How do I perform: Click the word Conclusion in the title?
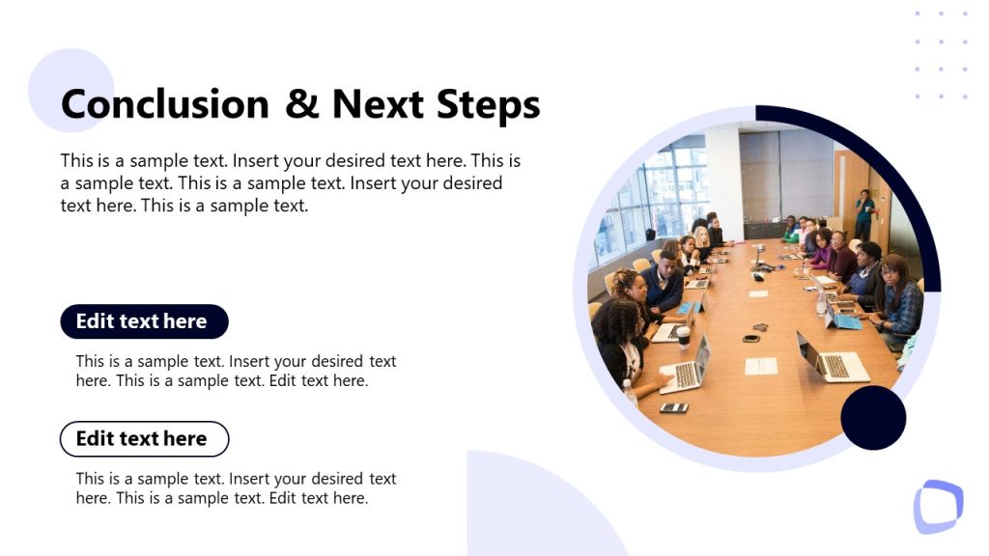pos(164,104)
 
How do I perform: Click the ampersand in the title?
pos(301,104)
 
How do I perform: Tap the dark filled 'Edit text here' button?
pos(144,321)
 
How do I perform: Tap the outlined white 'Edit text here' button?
pos(144,438)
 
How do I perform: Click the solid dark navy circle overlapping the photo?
pos(873,417)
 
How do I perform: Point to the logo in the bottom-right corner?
pos(938,506)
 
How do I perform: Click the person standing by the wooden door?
pos(864,214)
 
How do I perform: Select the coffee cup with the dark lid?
pos(683,336)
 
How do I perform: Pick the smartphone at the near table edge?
pos(673,407)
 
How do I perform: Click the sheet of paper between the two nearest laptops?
pos(761,366)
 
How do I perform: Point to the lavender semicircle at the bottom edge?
pos(541,512)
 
